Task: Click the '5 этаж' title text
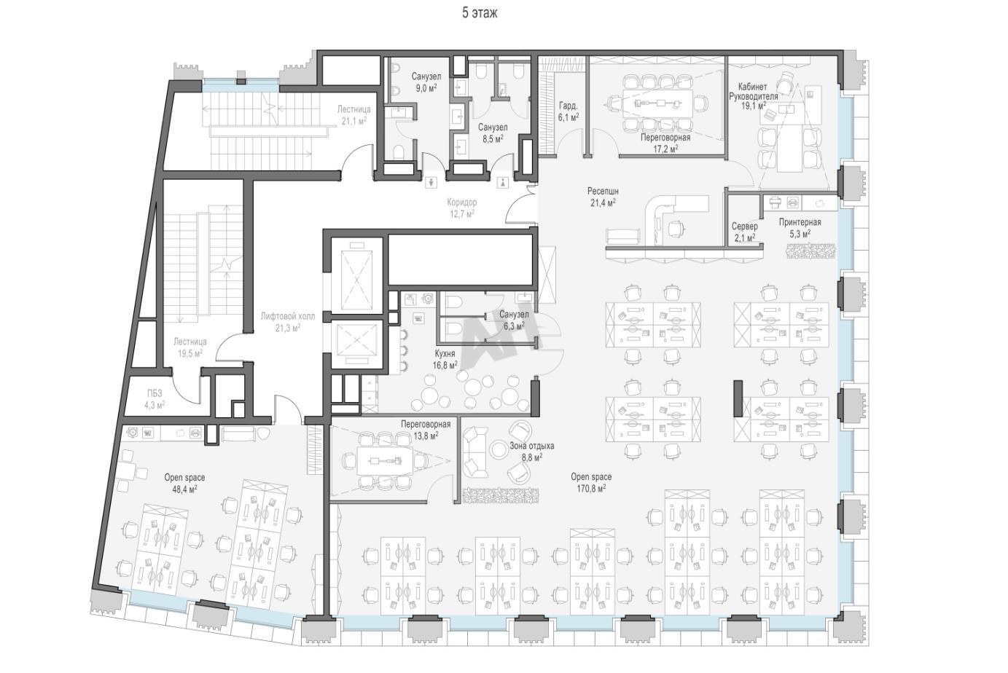[480, 13]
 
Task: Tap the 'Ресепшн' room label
[603, 192]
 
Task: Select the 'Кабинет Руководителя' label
[753, 91]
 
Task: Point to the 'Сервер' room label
[744, 226]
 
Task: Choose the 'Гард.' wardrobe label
[568, 106]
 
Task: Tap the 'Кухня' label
[445, 354]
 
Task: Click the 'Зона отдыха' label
[531, 446]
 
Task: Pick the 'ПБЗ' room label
[155, 394]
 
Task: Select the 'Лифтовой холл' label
[288, 316]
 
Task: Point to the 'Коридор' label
[461, 202]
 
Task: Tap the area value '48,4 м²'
[184, 489]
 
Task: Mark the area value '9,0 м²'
[426, 88]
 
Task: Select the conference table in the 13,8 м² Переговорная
[385, 461]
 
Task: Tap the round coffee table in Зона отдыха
[499, 449]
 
